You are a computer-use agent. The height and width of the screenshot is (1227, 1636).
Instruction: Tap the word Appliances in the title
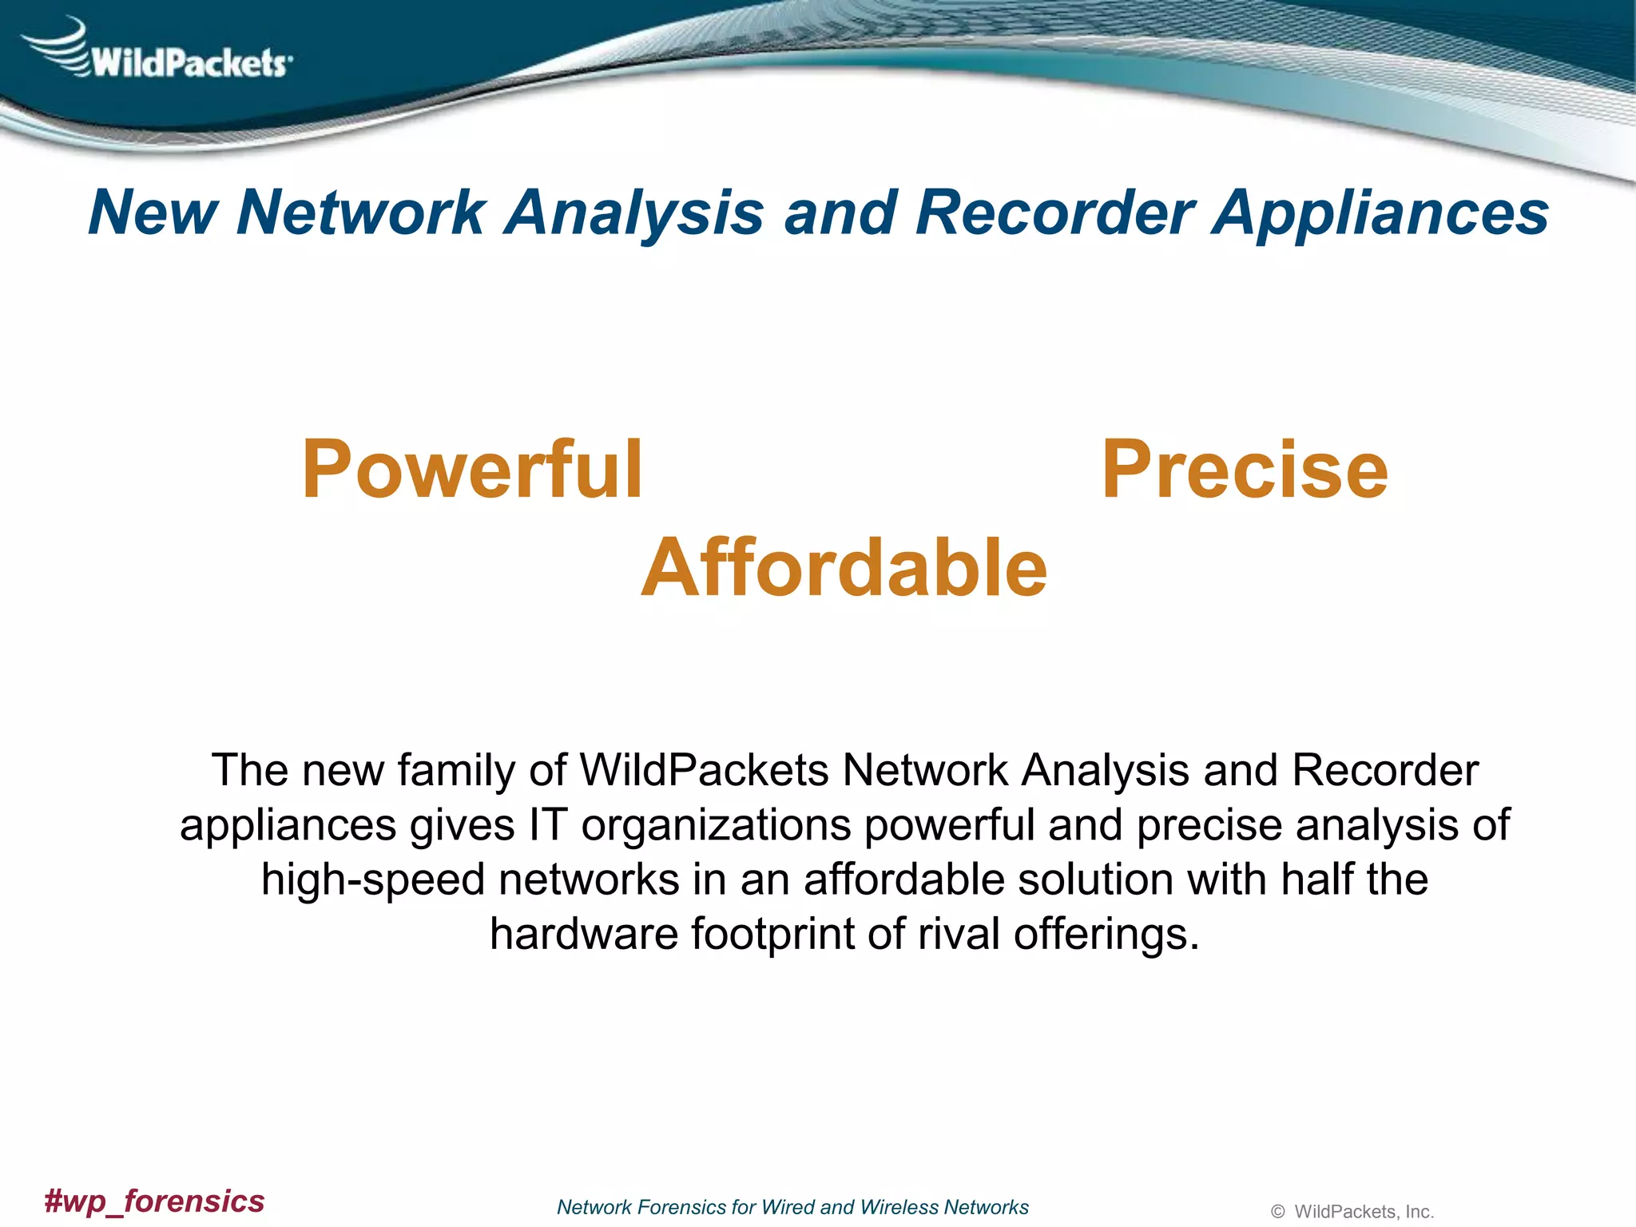click(x=1380, y=214)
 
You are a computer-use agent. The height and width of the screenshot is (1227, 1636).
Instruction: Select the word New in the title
click(x=153, y=212)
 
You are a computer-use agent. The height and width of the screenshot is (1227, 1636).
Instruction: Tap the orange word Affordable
click(x=844, y=567)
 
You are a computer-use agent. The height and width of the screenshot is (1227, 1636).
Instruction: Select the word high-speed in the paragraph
click(x=373, y=880)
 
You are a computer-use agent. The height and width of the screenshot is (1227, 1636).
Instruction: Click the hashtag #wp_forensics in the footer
click(x=154, y=1201)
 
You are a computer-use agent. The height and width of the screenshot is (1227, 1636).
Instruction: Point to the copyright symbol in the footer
click(x=1277, y=1212)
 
